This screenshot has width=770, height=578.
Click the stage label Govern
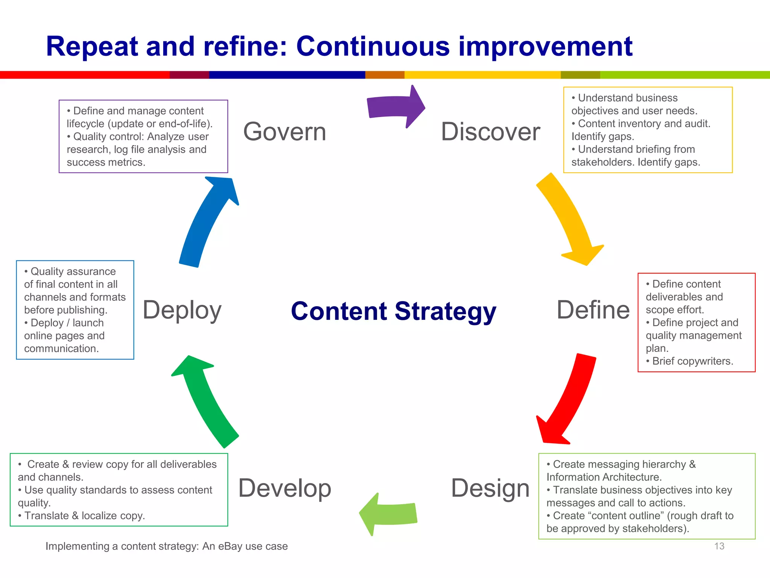pos(285,132)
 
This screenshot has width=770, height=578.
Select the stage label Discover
pos(490,132)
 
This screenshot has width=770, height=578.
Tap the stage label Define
pos(593,310)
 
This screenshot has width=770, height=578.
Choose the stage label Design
pos(490,488)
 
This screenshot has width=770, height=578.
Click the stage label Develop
pos(285,488)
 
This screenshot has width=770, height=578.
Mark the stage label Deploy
pos(182,310)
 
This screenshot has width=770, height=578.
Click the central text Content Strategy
pos(393,311)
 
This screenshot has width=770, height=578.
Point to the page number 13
pos(719,546)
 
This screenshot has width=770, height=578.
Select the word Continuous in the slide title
pos(373,47)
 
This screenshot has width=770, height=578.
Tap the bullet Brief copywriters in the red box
pos(693,361)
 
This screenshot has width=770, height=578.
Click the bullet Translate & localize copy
pos(84,516)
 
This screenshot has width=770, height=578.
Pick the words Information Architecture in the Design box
pos(603,477)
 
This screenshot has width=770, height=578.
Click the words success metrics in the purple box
pos(106,162)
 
